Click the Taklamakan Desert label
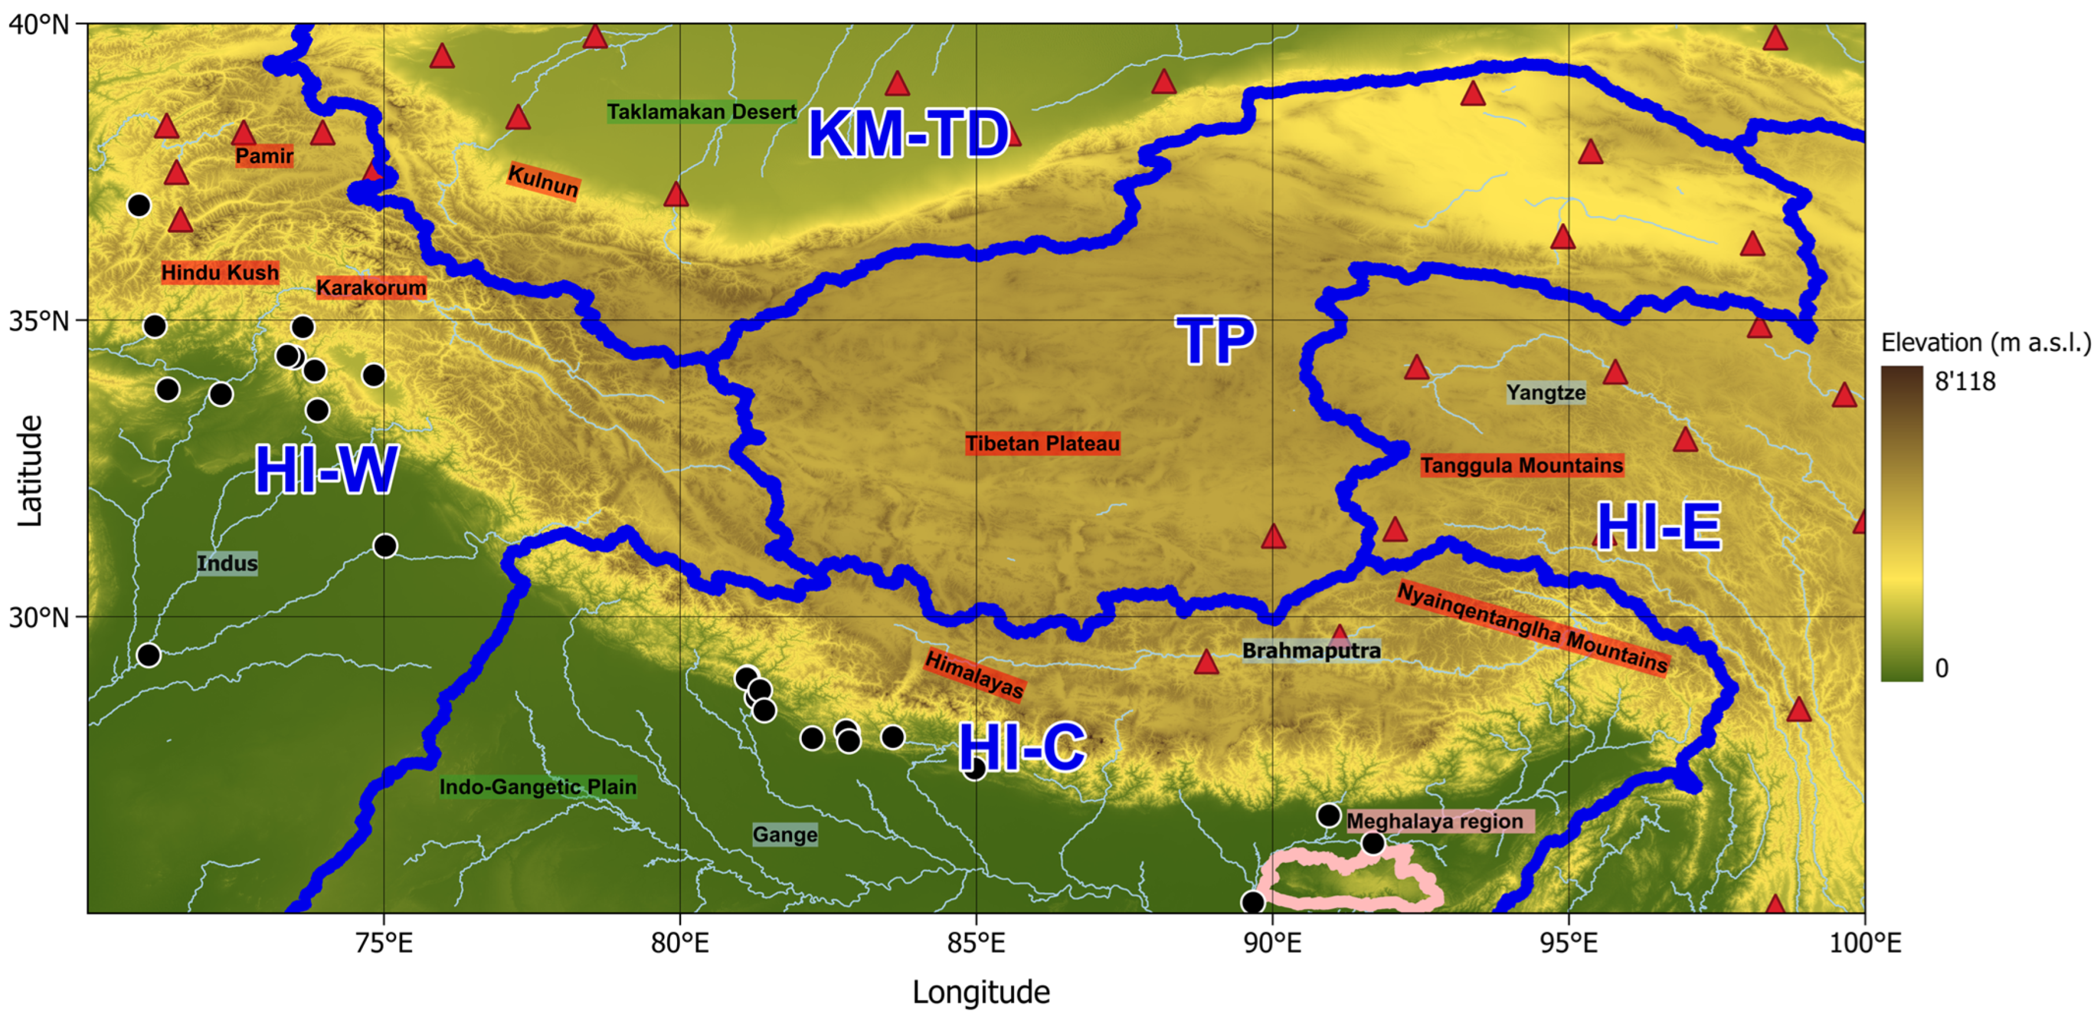701,112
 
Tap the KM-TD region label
908,135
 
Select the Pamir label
264,155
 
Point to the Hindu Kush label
220,272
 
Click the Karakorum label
371,287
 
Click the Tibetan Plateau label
1042,444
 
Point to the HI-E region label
1658,528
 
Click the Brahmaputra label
1311,651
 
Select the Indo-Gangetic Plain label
537,786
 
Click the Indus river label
227,563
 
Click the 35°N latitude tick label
39,321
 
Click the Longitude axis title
980,992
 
